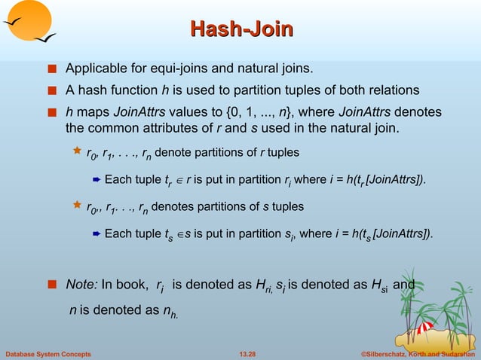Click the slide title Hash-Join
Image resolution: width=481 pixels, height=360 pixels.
pos(240,30)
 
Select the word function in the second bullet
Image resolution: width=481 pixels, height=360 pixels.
pos(143,91)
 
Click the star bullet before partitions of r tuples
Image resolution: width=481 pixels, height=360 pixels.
pos(76,152)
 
